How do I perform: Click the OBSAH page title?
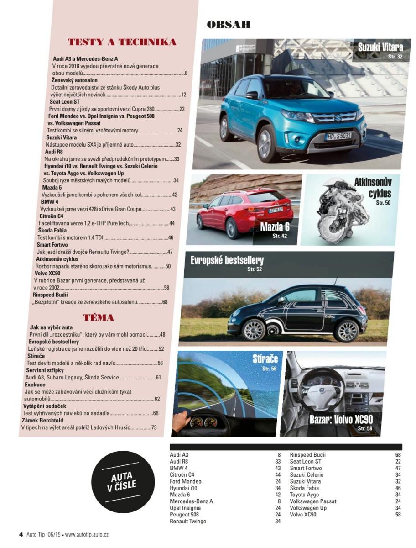pos(229,25)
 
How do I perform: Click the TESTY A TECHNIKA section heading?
pos(122,42)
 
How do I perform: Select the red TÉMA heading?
pos(99,318)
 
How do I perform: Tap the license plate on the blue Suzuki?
pos(338,136)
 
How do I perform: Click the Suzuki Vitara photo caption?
pos(380,47)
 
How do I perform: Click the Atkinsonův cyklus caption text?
pos(373,188)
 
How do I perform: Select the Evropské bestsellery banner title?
pos(227,261)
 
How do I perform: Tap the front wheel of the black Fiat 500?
pos(254,330)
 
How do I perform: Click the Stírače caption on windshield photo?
pos(265,359)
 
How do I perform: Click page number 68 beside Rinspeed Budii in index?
pos(398,455)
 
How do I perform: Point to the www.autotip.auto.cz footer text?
pos(87,534)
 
